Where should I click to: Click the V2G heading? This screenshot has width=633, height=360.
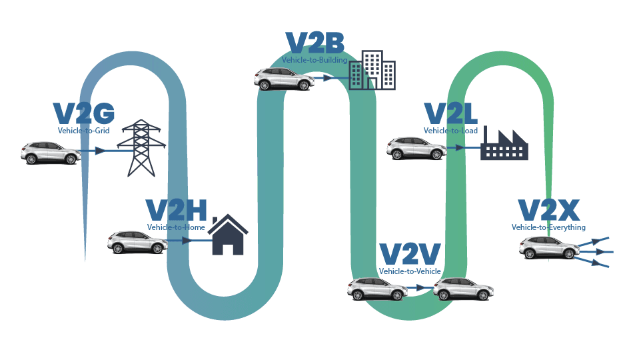84,114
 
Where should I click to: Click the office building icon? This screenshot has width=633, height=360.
372,69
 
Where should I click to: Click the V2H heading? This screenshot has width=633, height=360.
177,211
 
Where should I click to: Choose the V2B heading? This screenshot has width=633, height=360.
315,44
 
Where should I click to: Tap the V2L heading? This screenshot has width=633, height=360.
454,114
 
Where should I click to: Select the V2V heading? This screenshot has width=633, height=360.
410,255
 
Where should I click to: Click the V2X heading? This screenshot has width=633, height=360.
549,211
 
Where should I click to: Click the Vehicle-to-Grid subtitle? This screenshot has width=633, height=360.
84,131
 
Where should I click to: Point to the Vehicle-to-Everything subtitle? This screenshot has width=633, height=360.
548,227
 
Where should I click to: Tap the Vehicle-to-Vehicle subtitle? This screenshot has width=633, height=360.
410,271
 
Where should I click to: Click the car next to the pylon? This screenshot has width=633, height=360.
49,153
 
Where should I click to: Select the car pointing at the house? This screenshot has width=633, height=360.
137,242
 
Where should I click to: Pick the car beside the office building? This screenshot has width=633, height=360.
284,79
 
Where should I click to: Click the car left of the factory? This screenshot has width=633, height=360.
416,148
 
